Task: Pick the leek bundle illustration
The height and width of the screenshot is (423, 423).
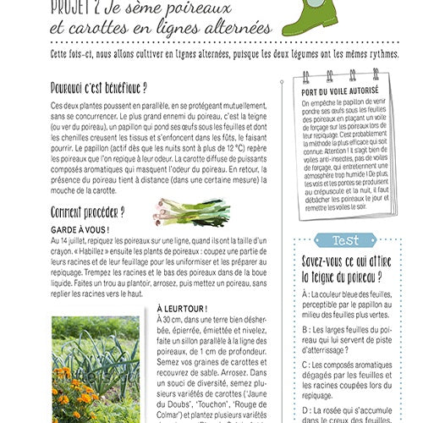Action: (190, 211)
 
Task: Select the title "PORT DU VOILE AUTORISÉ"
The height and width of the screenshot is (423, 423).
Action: (342, 91)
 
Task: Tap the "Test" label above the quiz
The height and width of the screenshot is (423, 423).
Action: (350, 240)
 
